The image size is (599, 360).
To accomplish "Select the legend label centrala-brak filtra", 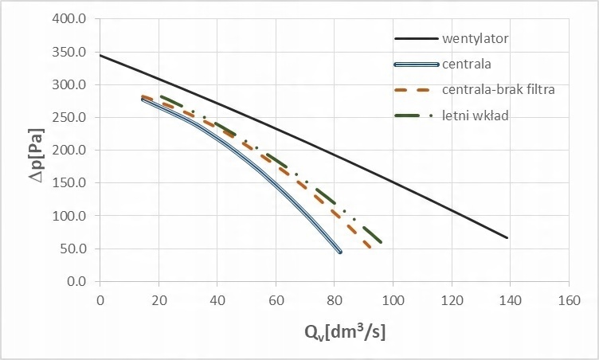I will click(x=498, y=90).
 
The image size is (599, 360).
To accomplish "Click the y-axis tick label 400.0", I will click(x=70, y=19).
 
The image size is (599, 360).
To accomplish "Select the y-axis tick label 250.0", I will click(x=70, y=118).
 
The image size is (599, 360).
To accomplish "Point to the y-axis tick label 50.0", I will click(x=73, y=248).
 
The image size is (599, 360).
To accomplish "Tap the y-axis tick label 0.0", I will click(x=76, y=281).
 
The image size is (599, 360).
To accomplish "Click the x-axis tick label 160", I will click(x=569, y=300).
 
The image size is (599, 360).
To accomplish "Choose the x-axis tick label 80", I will click(x=335, y=300).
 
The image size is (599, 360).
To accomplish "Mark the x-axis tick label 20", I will click(x=159, y=300).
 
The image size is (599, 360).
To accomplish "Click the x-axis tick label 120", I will click(x=452, y=300).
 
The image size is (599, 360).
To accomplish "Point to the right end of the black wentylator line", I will click(x=507, y=237).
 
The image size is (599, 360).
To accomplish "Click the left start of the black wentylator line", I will click(x=100, y=55).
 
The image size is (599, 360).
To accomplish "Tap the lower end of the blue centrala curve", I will click(x=340, y=252).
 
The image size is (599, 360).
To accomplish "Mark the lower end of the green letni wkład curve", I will click(x=382, y=241).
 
